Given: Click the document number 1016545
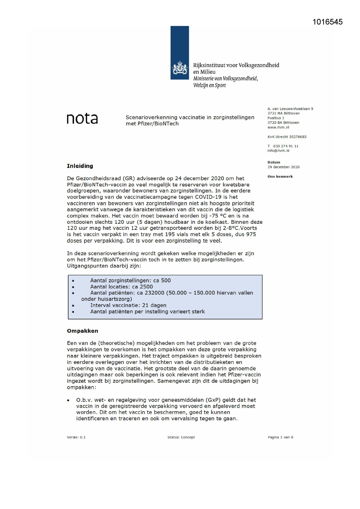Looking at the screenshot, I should [x=328, y=22].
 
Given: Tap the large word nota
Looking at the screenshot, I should [x=82, y=119].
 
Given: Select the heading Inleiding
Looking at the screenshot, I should [x=80, y=166].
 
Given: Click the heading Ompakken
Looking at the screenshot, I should [x=82, y=331].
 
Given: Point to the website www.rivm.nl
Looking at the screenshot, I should [x=278, y=127].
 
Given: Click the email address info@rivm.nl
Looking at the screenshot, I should [x=278, y=151].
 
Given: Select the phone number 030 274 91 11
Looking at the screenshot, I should [x=285, y=146].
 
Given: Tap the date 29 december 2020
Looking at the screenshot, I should [x=283, y=167].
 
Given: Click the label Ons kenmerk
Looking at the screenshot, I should [x=280, y=176].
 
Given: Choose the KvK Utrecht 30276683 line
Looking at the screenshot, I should [x=287, y=137].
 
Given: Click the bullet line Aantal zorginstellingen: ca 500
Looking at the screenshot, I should [x=130, y=280].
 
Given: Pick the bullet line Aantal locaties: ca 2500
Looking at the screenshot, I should [x=121, y=287].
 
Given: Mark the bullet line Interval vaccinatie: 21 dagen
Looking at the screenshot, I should [x=128, y=305].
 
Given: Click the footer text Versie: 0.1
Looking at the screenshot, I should [x=76, y=437].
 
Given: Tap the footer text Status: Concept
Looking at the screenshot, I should [x=181, y=437].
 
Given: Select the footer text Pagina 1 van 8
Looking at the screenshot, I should [x=280, y=437].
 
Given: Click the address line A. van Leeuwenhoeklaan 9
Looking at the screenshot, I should [x=290, y=109].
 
